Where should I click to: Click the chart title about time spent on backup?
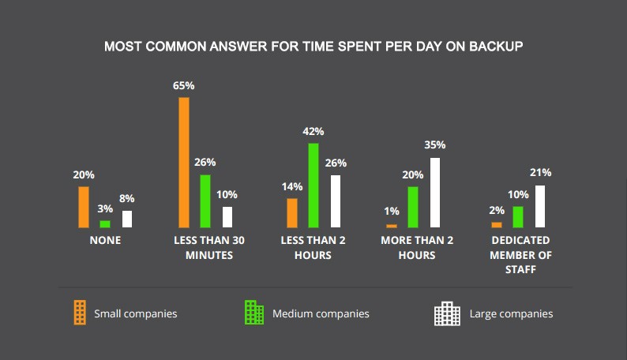[313, 47]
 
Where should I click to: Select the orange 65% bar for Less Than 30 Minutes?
[184, 163]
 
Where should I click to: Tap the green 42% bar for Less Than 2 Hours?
[313, 186]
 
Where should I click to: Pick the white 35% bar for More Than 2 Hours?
[435, 193]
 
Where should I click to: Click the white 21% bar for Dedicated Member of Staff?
[540, 207]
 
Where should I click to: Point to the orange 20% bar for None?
[84, 207]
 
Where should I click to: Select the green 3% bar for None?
[105, 224]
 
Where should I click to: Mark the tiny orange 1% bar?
[392, 226]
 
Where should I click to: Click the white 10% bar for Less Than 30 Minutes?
[227, 217]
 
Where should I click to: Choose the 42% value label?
[313, 131]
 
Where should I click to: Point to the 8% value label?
[126, 198]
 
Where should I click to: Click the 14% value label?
[291, 187]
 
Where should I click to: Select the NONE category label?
[104, 240]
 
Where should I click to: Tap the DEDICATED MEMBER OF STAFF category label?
[520, 255]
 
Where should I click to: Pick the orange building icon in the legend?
[78, 313]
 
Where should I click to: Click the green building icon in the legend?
[254, 313]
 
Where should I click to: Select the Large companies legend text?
[511, 314]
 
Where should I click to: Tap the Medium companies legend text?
[321, 314]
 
